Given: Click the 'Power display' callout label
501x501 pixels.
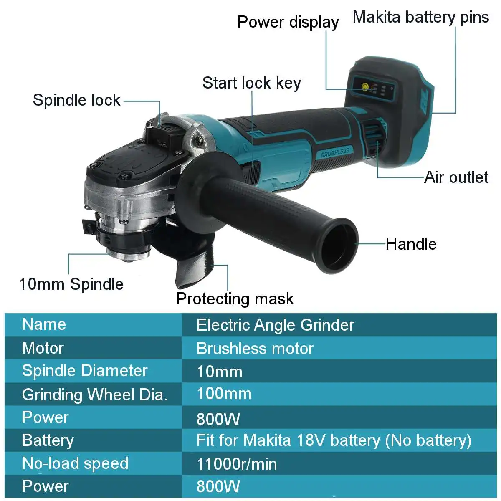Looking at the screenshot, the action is click(x=288, y=22).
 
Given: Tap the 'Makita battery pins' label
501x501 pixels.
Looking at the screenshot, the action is click(x=420, y=17).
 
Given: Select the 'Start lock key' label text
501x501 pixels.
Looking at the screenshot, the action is click(x=251, y=83).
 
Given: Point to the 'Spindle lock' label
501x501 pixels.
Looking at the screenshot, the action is click(x=76, y=100).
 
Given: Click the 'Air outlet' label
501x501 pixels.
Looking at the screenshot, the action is click(x=456, y=177).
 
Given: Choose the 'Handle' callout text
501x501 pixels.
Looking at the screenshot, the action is click(x=411, y=244).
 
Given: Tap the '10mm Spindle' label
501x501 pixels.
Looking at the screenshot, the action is click(x=71, y=284).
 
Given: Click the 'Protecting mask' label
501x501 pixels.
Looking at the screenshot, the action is click(x=235, y=299).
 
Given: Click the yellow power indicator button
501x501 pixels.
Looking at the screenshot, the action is click(x=364, y=87).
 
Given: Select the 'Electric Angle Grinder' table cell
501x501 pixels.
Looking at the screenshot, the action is click(x=275, y=325).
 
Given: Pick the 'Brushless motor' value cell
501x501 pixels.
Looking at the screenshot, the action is click(x=255, y=349).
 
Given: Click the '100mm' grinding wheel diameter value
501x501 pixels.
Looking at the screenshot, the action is click(x=224, y=394).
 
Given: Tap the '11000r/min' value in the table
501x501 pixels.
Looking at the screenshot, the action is click(x=237, y=464).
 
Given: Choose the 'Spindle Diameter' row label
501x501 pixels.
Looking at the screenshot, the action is click(x=85, y=371).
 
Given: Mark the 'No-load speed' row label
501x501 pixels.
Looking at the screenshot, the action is click(x=75, y=463).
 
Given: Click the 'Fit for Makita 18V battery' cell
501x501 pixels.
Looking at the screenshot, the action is click(x=334, y=440).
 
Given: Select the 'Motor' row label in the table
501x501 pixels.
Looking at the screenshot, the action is click(x=43, y=348).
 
